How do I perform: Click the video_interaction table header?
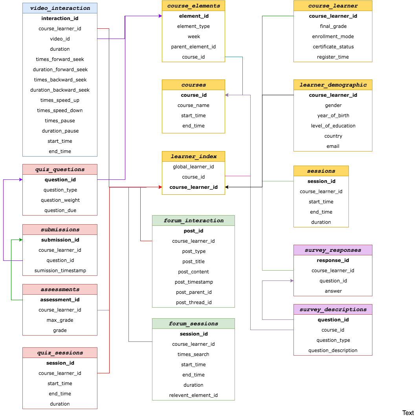point(60,8)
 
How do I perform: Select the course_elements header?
point(193,6)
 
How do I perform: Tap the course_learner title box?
point(333,6)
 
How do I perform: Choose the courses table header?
point(193,85)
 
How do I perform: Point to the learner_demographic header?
point(333,85)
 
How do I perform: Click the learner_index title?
point(193,157)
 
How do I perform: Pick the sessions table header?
point(321,171)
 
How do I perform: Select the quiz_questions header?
point(60,170)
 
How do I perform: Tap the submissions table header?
point(60,230)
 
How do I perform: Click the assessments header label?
point(60,290)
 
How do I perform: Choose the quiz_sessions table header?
point(60,353)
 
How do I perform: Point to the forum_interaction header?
point(193,221)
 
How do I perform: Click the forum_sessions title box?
point(193,324)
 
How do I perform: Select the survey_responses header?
point(333,250)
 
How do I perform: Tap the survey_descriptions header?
point(333,310)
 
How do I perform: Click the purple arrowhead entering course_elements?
point(160,16)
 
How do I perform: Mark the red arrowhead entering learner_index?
point(160,187)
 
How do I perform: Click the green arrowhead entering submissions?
point(21,240)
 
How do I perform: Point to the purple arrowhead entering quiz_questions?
point(21,180)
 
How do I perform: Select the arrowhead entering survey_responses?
point(292,280)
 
